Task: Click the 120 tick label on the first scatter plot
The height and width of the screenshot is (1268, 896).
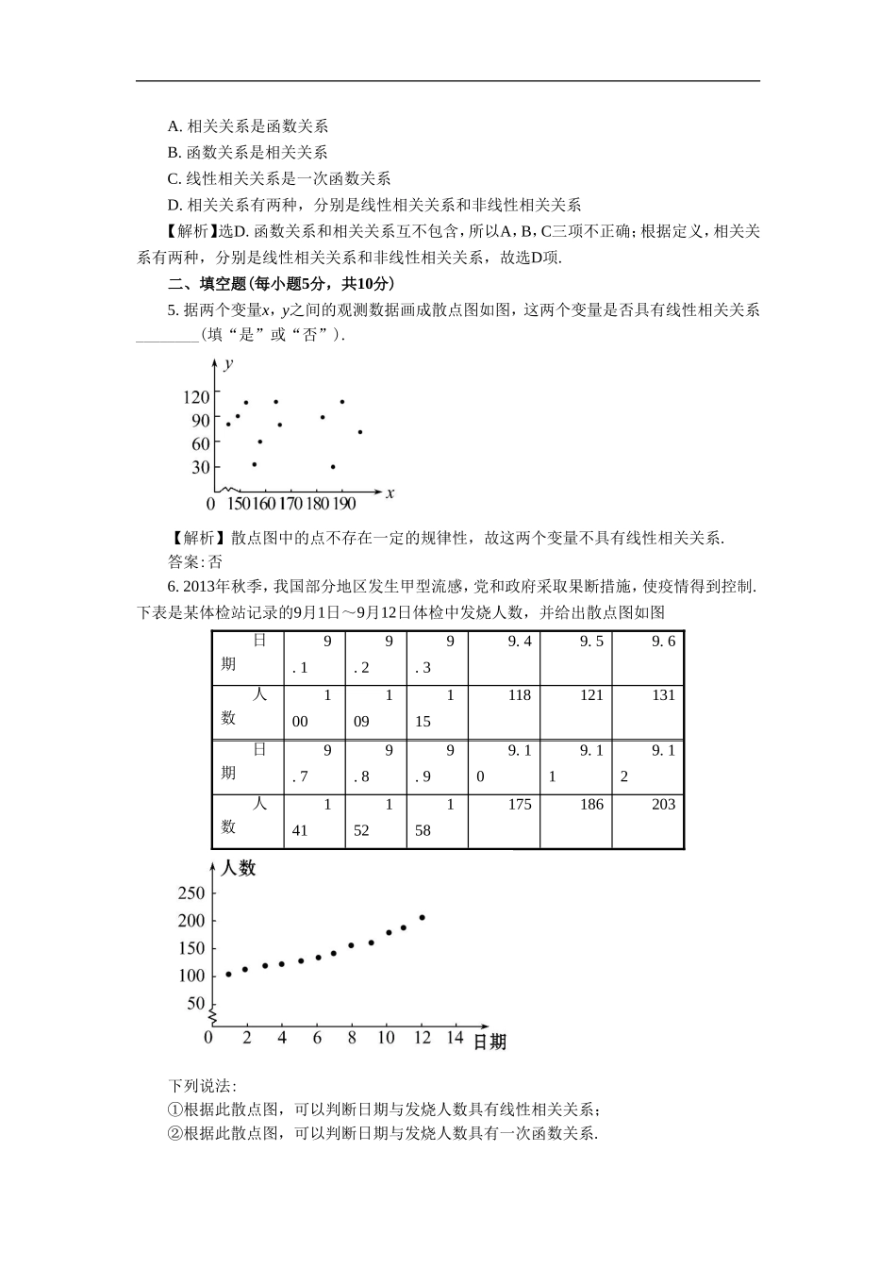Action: [x=196, y=398]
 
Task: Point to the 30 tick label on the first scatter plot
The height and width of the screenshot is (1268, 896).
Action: [x=201, y=467]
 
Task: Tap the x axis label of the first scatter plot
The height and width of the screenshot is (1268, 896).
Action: [x=390, y=492]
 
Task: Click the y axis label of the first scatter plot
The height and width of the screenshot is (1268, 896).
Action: [x=229, y=362]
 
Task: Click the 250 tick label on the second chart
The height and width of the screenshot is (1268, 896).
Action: [x=191, y=893]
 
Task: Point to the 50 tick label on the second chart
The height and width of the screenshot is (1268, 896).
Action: [x=195, y=1003]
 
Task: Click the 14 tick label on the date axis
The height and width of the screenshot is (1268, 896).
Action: [x=455, y=1038]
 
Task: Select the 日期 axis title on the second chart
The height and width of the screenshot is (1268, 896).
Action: [x=489, y=1043]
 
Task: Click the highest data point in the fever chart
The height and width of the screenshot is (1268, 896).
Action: [x=422, y=917]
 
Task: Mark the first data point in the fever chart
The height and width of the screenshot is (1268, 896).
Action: [x=228, y=975]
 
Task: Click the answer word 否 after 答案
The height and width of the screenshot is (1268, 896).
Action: [x=215, y=562]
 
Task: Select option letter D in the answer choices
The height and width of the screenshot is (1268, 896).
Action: [x=173, y=205]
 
